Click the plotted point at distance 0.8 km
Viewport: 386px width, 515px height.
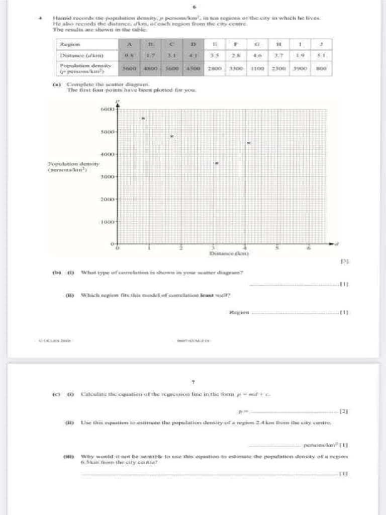point(143,118)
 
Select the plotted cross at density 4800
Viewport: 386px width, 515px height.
point(171,136)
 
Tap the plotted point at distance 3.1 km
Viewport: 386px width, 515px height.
point(216,163)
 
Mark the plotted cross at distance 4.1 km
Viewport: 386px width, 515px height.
point(248,143)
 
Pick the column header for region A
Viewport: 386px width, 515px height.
point(129,45)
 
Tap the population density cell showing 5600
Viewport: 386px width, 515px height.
point(129,67)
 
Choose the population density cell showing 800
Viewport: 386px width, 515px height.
point(322,67)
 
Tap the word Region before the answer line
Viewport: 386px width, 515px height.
point(239,312)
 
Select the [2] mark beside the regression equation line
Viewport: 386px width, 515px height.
point(344,411)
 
